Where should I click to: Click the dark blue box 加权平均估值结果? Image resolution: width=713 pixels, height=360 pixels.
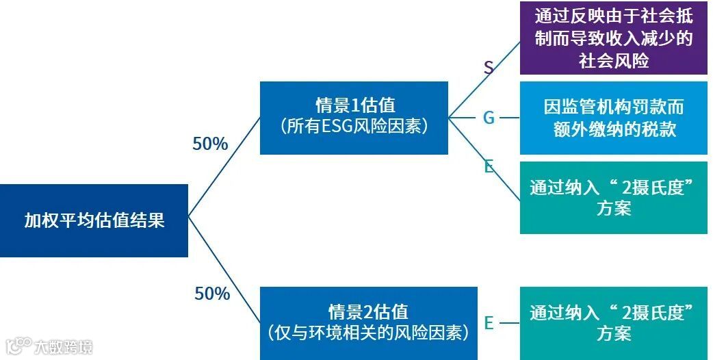94,220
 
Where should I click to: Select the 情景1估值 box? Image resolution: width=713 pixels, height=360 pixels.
354,117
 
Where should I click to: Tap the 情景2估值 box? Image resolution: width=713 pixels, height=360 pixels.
369,322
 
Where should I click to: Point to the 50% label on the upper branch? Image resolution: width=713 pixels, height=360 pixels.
210,144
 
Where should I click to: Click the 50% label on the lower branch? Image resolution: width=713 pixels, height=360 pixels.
212,294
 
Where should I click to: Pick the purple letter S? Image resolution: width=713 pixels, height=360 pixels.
489,67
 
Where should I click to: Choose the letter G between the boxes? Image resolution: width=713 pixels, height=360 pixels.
489,118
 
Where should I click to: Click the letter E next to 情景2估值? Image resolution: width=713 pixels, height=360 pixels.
489,323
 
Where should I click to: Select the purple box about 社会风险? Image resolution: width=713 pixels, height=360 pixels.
613,38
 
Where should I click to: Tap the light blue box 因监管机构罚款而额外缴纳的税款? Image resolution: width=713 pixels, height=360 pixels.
613,118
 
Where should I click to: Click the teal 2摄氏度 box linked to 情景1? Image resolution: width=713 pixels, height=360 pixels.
613,198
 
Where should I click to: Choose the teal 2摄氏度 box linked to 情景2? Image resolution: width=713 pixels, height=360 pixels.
613,323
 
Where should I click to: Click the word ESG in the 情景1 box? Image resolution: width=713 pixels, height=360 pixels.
338,127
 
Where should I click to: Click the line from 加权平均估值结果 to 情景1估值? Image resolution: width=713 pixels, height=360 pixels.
224,168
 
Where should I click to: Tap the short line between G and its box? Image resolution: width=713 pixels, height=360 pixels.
509,118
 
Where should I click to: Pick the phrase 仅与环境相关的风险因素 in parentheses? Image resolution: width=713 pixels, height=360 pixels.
369,333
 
